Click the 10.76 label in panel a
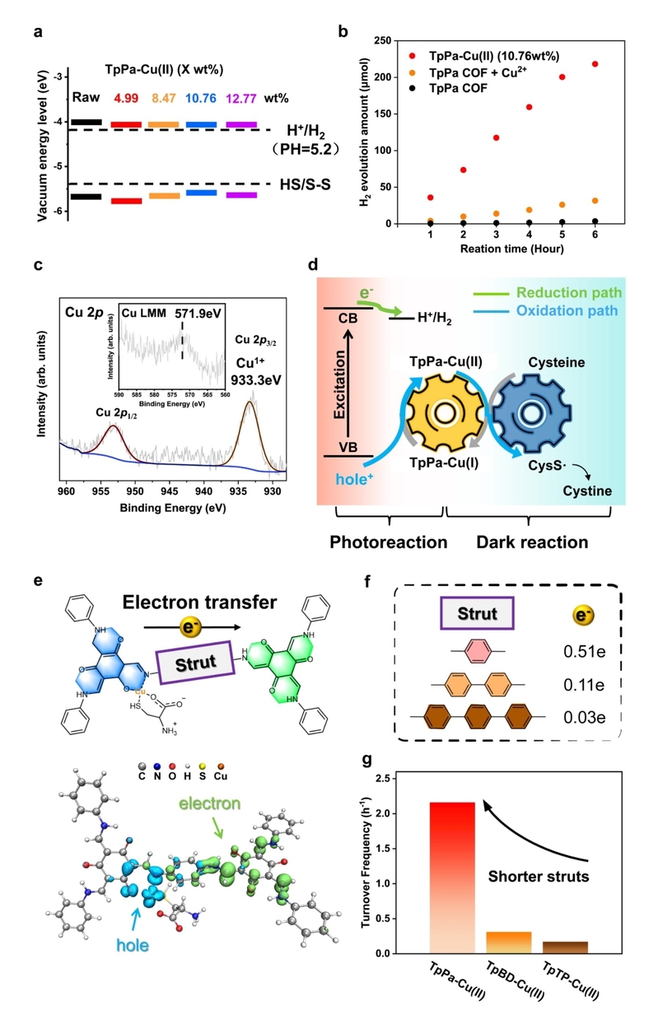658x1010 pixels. coord(201,98)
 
